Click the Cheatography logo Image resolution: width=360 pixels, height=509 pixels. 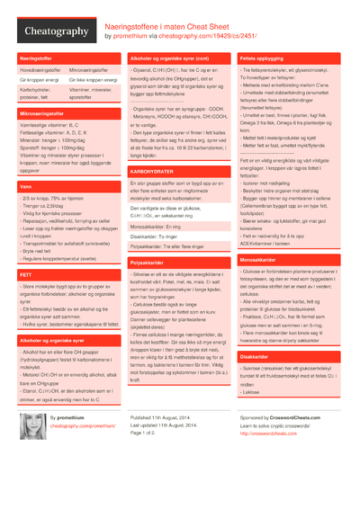(55, 31)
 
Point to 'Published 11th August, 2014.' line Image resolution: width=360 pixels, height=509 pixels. (167, 418)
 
